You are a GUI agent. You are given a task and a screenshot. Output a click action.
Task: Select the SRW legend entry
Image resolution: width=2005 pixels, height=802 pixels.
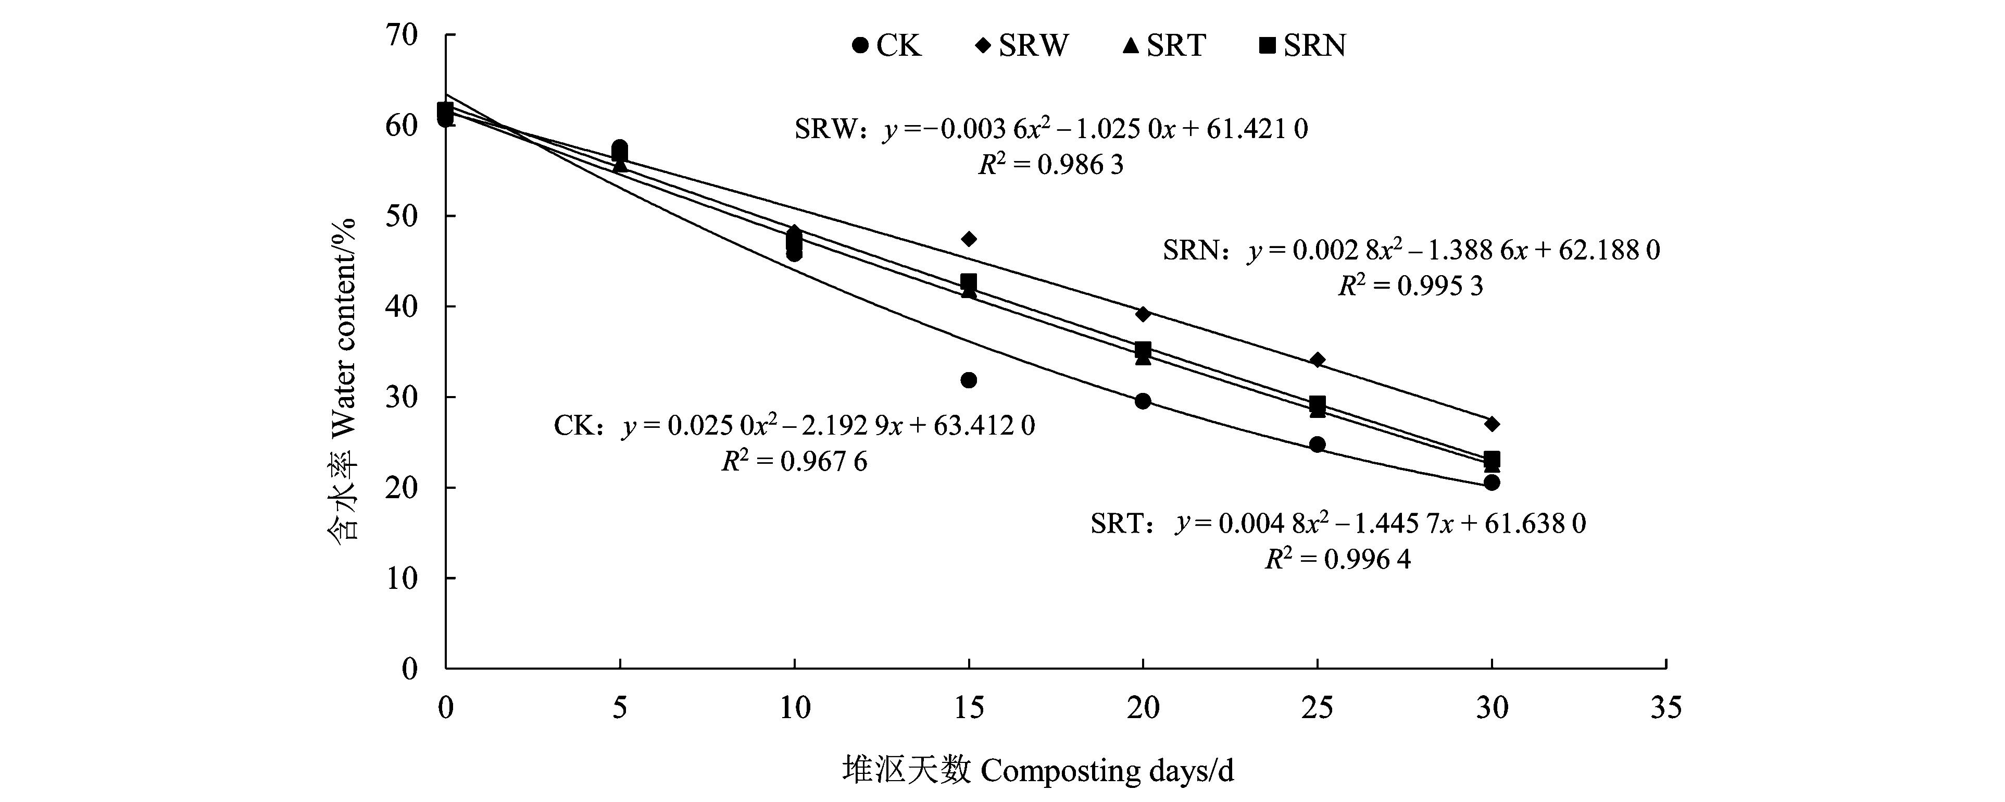[x=1022, y=46]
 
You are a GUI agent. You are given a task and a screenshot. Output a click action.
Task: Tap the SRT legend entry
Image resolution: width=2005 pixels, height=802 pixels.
[x=1163, y=46]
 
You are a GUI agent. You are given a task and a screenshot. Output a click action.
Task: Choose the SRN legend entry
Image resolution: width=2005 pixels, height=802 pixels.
[x=1302, y=46]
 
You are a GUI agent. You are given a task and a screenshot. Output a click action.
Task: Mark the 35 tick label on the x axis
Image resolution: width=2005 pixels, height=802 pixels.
[x=1665, y=708]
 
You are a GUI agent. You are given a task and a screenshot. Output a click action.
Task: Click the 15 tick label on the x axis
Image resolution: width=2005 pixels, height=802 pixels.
[x=969, y=708]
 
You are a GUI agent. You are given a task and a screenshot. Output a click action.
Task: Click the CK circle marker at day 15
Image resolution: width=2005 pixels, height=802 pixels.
[x=969, y=380]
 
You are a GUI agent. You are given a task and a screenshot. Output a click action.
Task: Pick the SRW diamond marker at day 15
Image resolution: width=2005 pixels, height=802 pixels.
[x=969, y=238]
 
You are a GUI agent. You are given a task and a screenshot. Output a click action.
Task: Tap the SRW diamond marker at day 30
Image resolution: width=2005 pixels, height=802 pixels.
[x=1492, y=424]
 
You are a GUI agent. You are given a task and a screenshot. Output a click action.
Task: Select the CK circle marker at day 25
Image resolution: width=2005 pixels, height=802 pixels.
[x=1318, y=445]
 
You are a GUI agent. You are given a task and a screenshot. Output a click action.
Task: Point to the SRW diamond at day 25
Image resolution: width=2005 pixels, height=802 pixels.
[x=1318, y=360]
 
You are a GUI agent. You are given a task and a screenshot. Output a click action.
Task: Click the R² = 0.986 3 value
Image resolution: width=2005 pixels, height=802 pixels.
[x=1051, y=165]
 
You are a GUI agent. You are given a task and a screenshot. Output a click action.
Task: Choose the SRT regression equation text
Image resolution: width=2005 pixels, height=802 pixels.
[x=1338, y=523]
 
